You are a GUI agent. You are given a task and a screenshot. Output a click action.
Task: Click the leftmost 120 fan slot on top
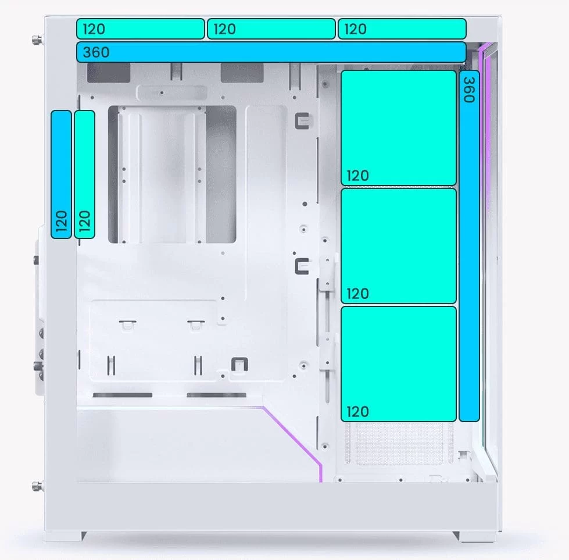[x=141, y=28]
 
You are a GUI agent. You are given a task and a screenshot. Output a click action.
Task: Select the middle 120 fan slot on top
[x=271, y=28]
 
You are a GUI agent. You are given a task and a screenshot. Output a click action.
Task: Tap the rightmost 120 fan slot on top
[x=402, y=28]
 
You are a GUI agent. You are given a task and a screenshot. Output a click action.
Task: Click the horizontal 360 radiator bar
[x=271, y=52]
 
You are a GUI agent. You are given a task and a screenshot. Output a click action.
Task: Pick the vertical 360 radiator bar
[x=469, y=246]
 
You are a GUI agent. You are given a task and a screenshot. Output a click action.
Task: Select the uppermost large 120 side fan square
[x=399, y=128]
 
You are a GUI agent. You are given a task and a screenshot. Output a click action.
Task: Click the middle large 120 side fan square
[x=399, y=246]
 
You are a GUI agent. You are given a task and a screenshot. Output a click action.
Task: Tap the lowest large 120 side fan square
[x=399, y=364]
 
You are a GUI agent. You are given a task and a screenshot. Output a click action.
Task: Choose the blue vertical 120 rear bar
[x=62, y=174]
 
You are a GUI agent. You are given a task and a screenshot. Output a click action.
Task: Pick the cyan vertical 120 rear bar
[x=84, y=174]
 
